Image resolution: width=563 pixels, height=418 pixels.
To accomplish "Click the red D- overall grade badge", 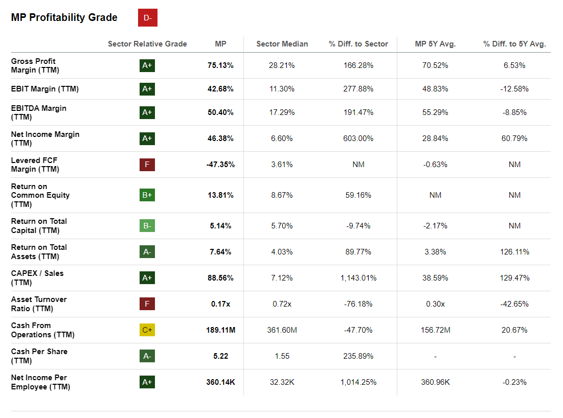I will click(147, 18).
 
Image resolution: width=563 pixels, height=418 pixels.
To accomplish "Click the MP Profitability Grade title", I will click(64, 17).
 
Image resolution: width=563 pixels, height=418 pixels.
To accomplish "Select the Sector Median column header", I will click(282, 44).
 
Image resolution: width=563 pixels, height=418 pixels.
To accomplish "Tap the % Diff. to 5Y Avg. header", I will click(514, 44).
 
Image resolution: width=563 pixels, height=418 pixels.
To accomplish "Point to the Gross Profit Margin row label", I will click(34, 65).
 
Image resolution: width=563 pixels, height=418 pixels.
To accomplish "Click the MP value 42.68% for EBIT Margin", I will click(220, 89).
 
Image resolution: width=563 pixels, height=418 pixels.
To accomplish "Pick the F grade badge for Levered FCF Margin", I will click(147, 165).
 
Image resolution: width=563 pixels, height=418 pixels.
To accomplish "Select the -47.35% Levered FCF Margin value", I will click(220, 165).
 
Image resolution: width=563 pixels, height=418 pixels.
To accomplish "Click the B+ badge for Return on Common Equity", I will click(147, 195).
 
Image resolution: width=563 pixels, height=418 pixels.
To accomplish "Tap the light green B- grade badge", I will click(147, 226).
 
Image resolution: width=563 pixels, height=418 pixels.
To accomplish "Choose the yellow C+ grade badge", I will click(147, 330).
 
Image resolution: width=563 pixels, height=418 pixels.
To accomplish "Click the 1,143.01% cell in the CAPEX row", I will click(358, 278).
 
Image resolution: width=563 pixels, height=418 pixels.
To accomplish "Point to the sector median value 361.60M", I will click(282, 330).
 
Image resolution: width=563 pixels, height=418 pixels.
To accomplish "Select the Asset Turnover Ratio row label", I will click(39, 304).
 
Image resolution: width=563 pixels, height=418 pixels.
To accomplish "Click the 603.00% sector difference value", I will click(358, 138).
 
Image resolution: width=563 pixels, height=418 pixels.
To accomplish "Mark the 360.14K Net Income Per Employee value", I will click(220, 382).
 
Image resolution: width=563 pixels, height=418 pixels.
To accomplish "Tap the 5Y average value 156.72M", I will click(435, 330).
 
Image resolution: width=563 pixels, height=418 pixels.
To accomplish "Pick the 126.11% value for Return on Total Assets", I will click(514, 252).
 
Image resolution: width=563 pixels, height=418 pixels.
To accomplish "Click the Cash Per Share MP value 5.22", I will click(220, 356).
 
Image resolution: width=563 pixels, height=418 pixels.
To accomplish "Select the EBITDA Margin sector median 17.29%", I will click(282, 112).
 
